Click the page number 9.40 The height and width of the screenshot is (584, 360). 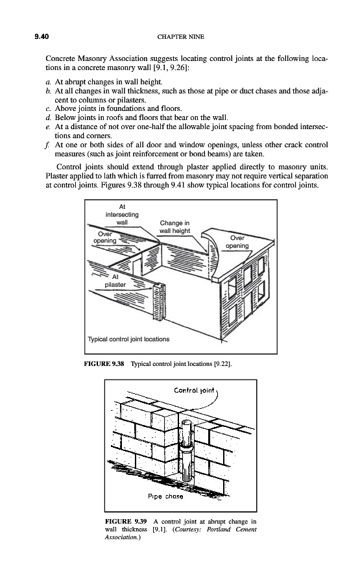[x=42, y=36]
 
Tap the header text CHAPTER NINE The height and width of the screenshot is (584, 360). [x=180, y=37]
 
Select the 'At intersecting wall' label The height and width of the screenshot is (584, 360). [x=122, y=215]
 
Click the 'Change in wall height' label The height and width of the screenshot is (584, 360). [x=174, y=227]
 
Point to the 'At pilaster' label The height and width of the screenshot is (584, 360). [x=115, y=281]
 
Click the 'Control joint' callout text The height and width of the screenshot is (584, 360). [x=194, y=391]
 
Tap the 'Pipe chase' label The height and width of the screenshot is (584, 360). [x=165, y=496]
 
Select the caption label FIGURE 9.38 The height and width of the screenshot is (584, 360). [x=104, y=363]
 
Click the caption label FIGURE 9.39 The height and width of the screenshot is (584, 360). [x=126, y=522]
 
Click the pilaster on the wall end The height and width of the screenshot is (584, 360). [x=158, y=302]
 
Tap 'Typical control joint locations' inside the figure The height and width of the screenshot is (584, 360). [x=128, y=339]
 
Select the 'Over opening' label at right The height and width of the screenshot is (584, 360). [x=237, y=242]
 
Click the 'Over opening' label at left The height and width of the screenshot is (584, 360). [x=104, y=237]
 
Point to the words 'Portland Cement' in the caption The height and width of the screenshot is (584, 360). [x=232, y=529]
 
